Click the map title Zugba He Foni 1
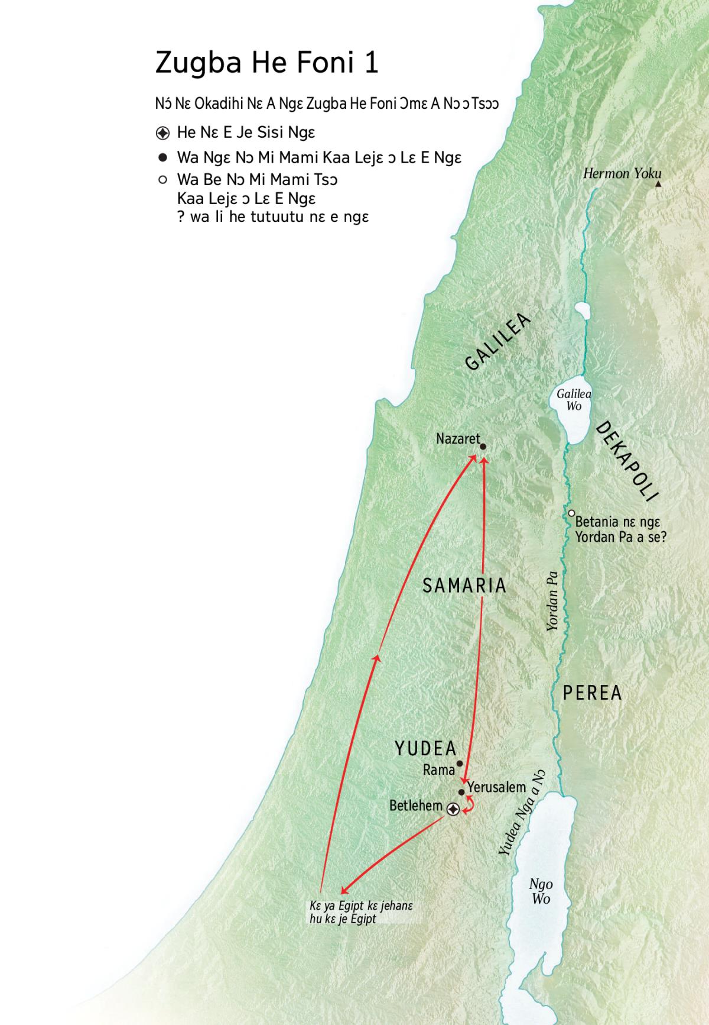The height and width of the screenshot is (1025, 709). tap(266, 63)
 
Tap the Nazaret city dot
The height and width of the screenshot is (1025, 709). tap(483, 447)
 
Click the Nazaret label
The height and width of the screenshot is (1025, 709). tap(458, 439)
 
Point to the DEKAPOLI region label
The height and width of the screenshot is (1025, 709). tap(626, 461)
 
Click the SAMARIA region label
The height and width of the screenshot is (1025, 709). tap(464, 586)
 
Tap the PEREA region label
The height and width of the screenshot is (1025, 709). tap(592, 693)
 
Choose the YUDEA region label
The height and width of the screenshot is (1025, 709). tap(425, 749)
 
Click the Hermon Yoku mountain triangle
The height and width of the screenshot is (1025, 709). tap(659, 185)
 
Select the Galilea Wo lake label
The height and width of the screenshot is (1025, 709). tap(574, 400)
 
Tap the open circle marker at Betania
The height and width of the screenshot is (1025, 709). tap(571, 513)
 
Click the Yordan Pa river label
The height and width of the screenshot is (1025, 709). tap(552, 601)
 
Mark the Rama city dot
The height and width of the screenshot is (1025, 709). tap(460, 764)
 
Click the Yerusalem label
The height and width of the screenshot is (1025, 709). tap(496, 787)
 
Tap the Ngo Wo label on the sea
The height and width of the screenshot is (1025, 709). tap(541, 891)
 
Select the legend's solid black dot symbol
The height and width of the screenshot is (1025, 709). tap(163, 158)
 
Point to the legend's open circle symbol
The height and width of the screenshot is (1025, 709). tap(163, 180)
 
